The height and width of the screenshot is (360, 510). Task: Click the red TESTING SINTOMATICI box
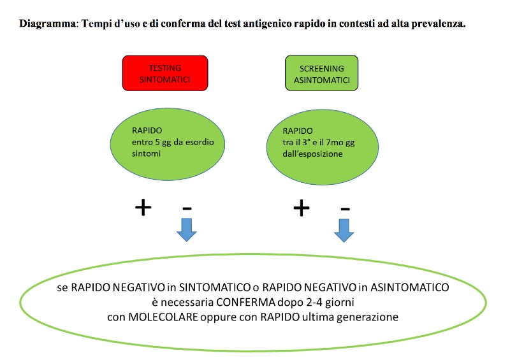click(165, 73)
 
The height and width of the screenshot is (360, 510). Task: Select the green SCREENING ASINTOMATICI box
click(322, 73)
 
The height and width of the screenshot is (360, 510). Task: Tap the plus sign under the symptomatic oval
click(143, 208)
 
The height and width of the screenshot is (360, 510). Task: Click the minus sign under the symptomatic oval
click(187, 208)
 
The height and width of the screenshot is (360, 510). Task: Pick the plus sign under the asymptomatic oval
click(302, 208)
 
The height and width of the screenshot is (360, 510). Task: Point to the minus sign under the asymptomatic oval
click(345, 209)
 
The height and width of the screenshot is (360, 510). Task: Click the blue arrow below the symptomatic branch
click(186, 230)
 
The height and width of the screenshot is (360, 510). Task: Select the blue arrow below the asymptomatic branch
click(344, 231)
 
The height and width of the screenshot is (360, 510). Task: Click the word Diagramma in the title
click(47, 24)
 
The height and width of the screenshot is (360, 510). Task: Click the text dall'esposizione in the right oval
click(312, 154)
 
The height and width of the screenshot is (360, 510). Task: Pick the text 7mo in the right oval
click(334, 143)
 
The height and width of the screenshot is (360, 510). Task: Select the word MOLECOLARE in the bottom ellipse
click(163, 317)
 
